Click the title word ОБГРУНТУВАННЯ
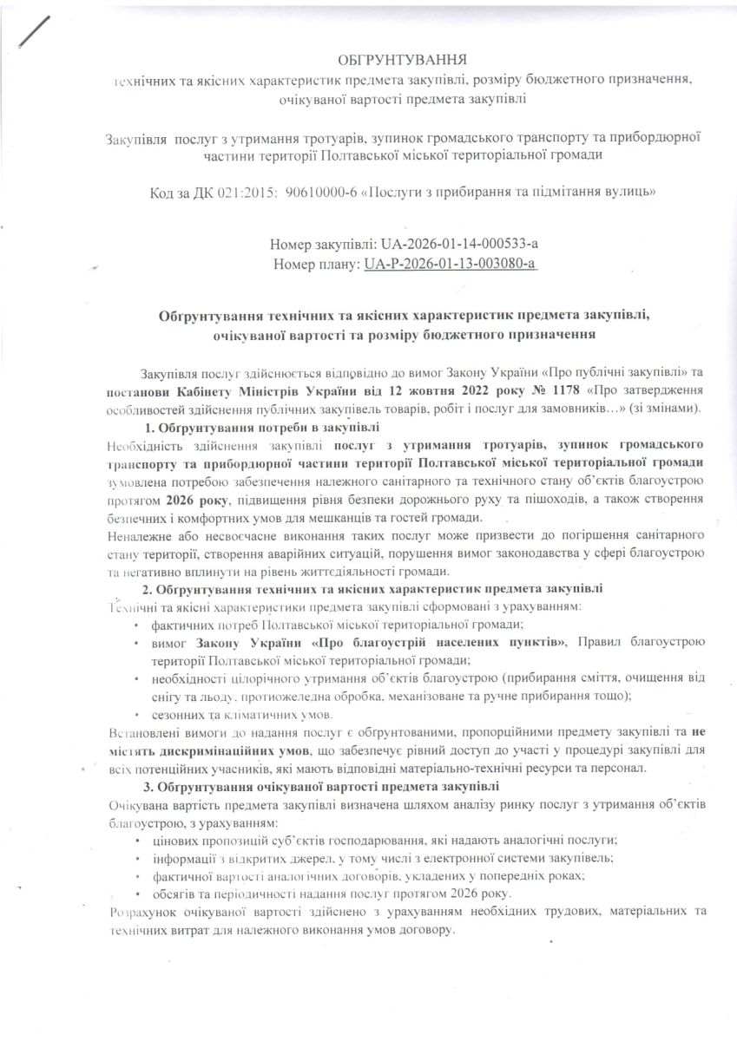[402, 60]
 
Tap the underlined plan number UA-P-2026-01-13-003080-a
[450, 262]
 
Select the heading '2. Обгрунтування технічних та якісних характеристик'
[372, 589]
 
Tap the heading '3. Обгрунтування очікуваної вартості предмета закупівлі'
[321, 786]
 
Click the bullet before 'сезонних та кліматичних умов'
[137, 715]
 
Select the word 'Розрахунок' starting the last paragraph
[142, 912]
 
